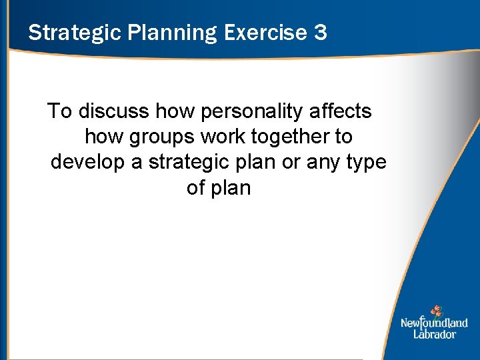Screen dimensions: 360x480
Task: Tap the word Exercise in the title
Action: click(264, 33)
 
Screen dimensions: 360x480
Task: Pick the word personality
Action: click(238, 111)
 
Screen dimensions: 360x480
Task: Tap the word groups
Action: click(163, 137)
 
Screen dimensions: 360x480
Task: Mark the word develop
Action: click(88, 163)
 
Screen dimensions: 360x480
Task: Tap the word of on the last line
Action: click(196, 188)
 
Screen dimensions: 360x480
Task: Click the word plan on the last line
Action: click(231, 188)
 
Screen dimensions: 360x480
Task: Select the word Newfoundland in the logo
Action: click(434, 323)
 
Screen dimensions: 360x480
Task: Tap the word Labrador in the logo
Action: click(434, 334)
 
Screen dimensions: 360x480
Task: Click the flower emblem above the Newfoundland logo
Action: click(437, 311)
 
